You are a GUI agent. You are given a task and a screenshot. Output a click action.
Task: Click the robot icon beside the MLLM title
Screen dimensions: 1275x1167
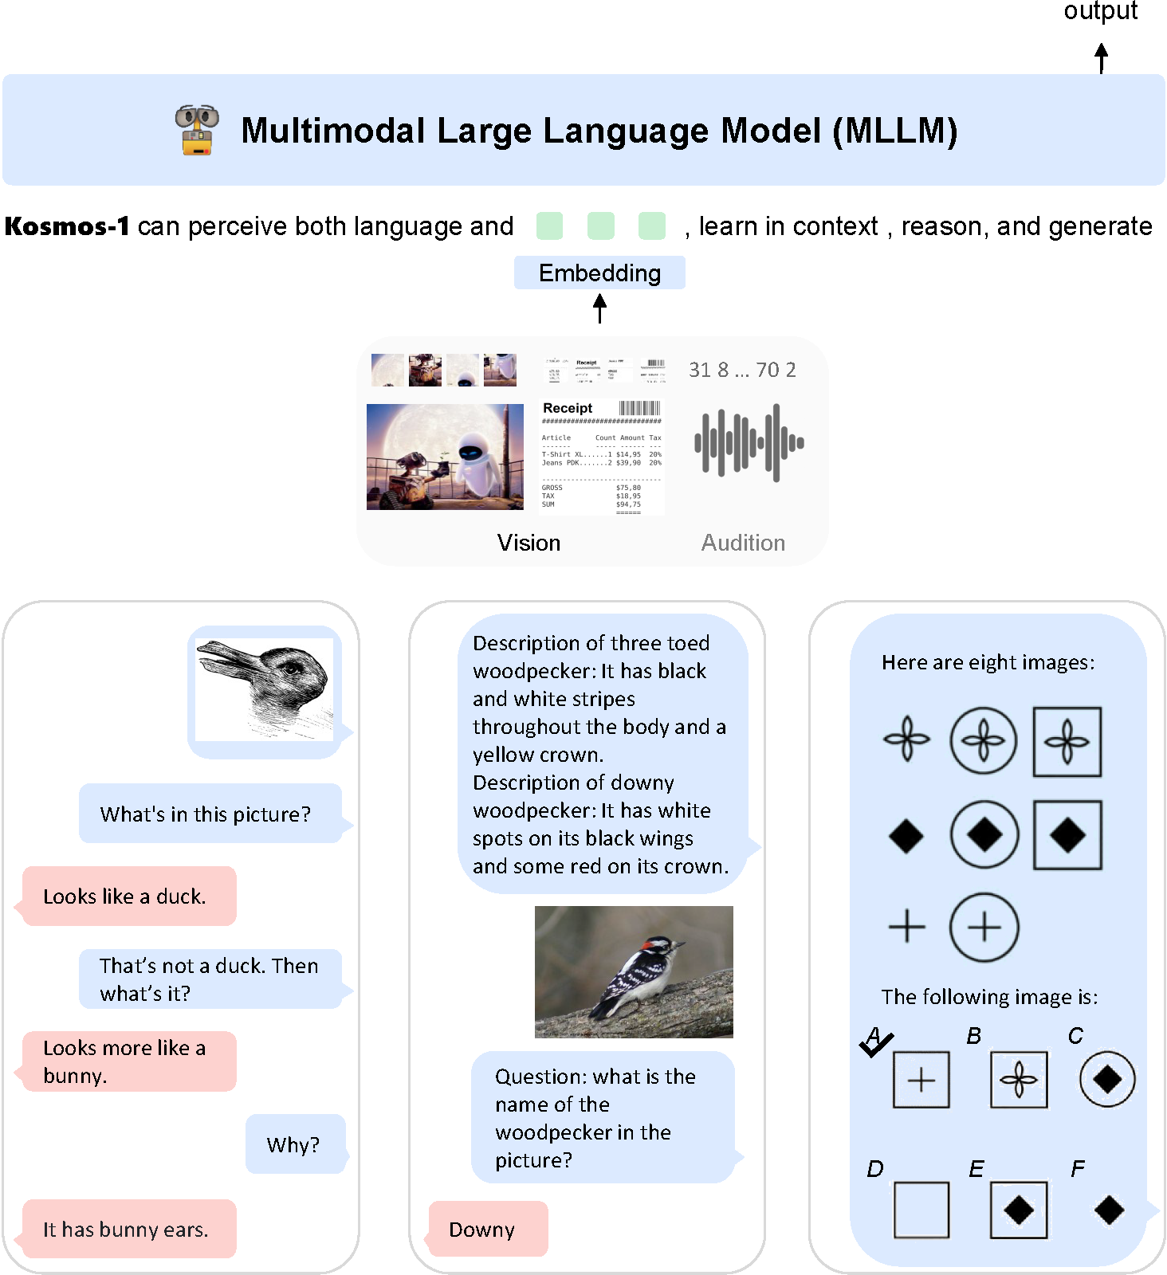pyautogui.click(x=197, y=130)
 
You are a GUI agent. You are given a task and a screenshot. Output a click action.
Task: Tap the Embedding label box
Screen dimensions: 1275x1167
pyautogui.click(x=599, y=273)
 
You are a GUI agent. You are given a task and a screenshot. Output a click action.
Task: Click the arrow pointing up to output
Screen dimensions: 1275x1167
pyautogui.click(x=1101, y=58)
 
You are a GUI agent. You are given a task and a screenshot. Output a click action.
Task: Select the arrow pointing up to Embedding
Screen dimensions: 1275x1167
pyautogui.click(x=599, y=308)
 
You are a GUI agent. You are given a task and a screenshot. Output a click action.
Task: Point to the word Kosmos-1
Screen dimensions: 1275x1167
pyautogui.click(x=67, y=226)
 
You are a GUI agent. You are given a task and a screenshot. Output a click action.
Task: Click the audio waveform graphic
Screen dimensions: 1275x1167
pyautogui.click(x=749, y=442)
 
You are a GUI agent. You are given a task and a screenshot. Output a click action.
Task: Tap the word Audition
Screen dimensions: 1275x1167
pyautogui.click(x=743, y=543)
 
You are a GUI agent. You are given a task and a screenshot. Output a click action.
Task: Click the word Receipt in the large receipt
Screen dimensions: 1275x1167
pyautogui.click(x=568, y=408)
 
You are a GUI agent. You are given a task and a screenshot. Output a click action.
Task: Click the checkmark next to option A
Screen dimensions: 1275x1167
pyautogui.click(x=876, y=1042)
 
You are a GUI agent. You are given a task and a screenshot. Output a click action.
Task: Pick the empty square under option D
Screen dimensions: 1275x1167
pyautogui.click(x=921, y=1210)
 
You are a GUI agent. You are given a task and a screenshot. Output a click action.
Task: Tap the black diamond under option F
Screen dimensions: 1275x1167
pyautogui.click(x=1109, y=1210)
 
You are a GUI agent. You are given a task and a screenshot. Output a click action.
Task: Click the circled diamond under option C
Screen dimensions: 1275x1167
pyautogui.click(x=1107, y=1079)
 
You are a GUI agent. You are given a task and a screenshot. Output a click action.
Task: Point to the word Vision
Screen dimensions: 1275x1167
pyautogui.click(x=528, y=543)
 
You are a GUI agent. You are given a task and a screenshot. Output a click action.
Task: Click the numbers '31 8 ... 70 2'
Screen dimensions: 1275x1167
pyautogui.click(x=742, y=370)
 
